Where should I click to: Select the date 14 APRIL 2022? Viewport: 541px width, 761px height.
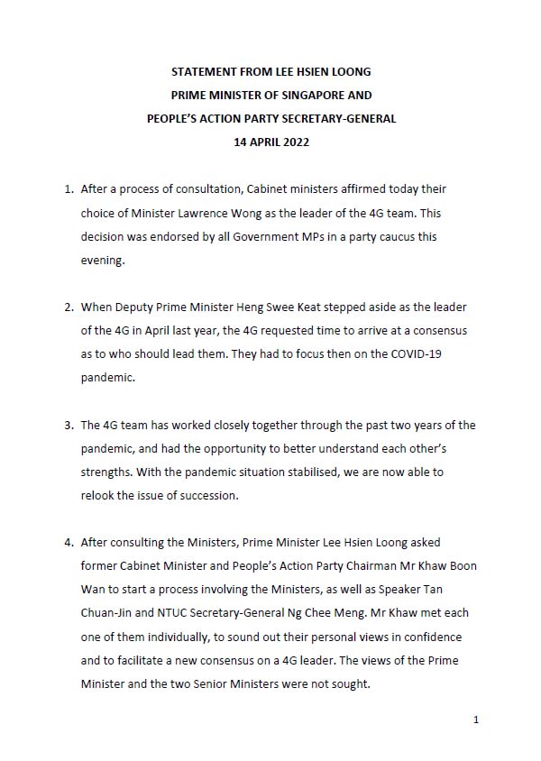click(x=270, y=141)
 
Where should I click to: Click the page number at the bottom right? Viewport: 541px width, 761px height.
click(x=474, y=720)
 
